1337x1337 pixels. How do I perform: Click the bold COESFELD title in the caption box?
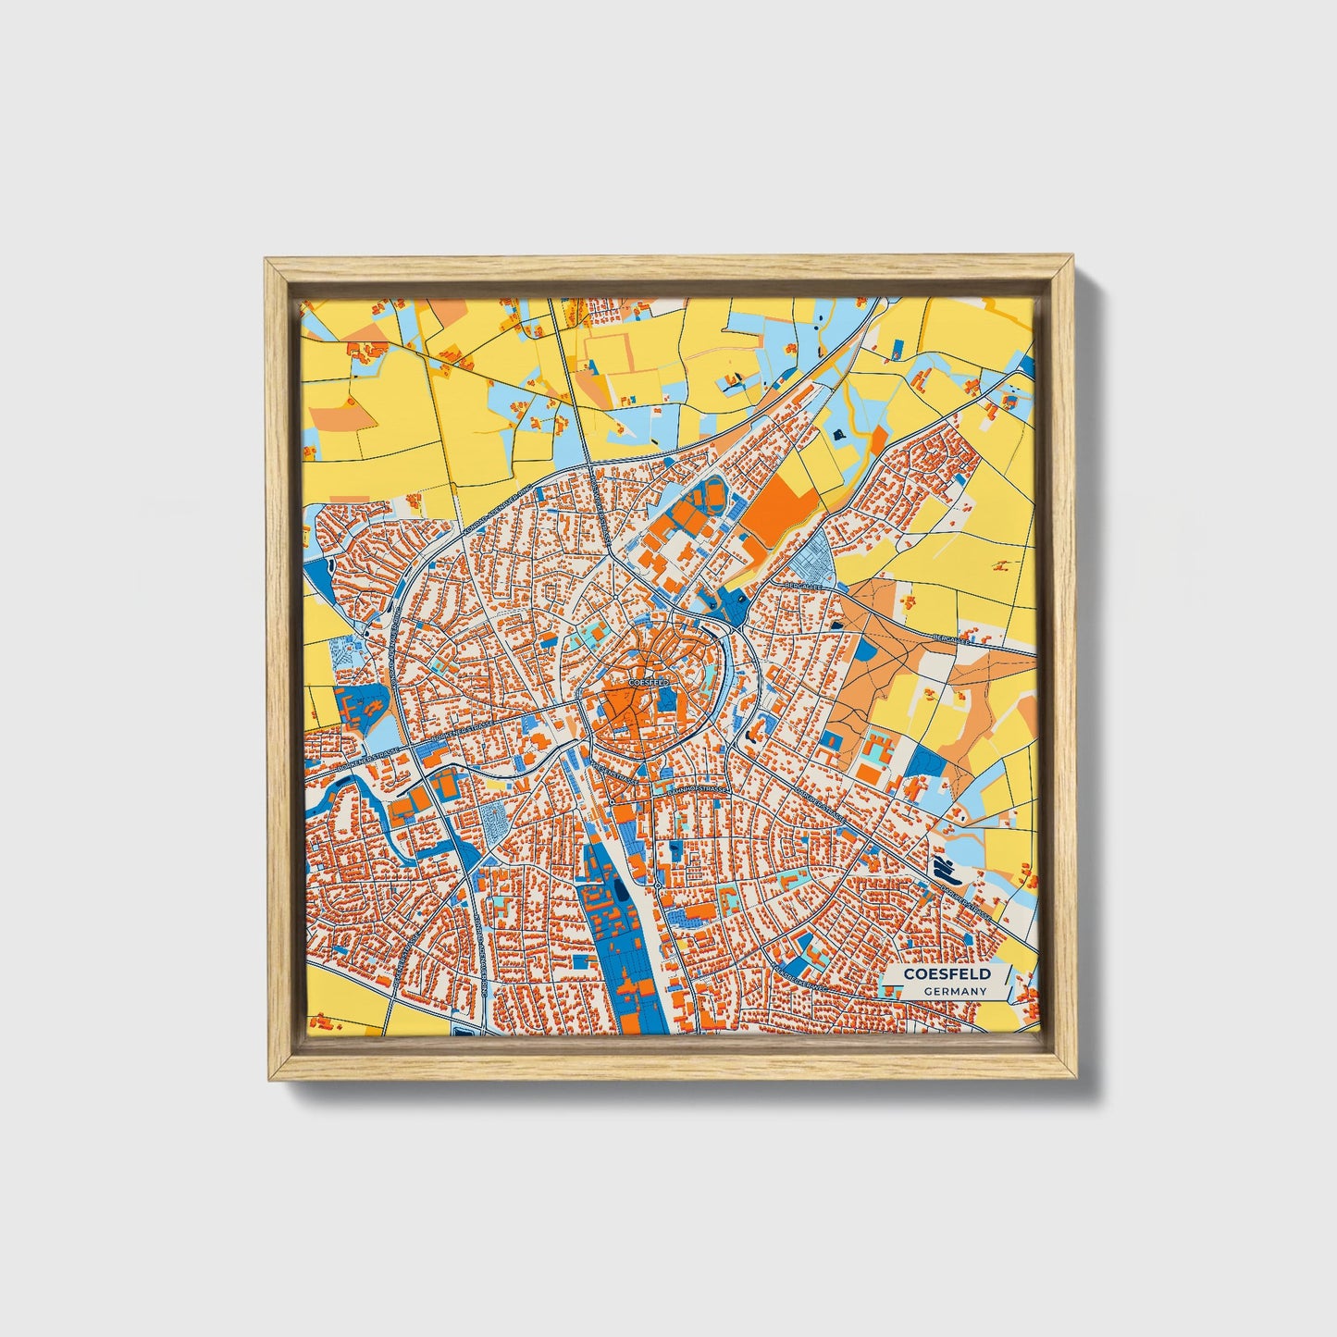[x=947, y=973]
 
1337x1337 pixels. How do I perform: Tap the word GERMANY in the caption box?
[x=955, y=991]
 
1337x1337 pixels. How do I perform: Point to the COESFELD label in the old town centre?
[x=647, y=682]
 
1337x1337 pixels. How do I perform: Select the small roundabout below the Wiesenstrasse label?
[x=654, y=885]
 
